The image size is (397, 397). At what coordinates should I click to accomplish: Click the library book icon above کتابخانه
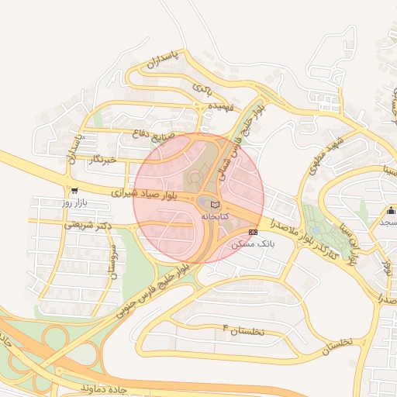[x=215, y=204]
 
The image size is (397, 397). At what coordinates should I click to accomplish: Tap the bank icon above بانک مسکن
[x=254, y=232]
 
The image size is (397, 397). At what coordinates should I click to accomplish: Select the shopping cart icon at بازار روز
[x=74, y=191]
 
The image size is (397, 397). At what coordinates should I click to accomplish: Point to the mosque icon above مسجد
[x=391, y=211]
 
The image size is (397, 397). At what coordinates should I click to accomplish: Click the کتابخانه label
[x=216, y=216]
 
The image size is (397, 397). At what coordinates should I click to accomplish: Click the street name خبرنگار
[x=103, y=159]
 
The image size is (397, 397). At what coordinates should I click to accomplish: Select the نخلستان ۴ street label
[x=243, y=330]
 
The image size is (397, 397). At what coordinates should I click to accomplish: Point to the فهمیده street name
[x=216, y=105]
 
